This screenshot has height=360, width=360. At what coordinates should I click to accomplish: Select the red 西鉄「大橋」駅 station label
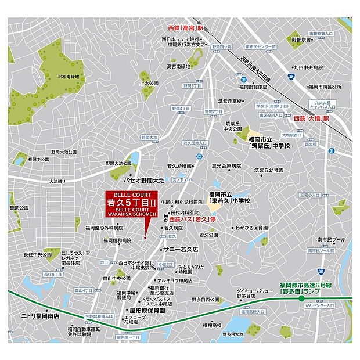click(316, 117)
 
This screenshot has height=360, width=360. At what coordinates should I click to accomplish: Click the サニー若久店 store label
click(181, 248)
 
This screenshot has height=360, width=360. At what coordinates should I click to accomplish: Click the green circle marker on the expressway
click(301, 298)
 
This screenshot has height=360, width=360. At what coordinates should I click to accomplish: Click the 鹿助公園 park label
click(19, 207)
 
